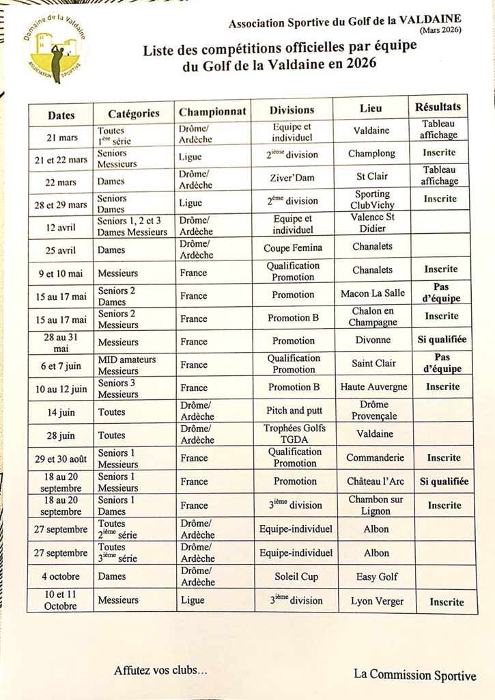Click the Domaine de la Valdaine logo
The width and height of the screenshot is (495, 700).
coord(55,49)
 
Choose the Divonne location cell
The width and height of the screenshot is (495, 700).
coord(373,340)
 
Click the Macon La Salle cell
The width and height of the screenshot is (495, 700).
coord(373,293)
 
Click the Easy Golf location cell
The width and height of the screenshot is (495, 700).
coord(376,577)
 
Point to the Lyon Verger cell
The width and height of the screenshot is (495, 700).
coord(378,601)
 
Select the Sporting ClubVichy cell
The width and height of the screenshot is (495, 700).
coord(373,199)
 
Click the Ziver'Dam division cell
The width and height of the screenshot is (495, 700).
coord(293,177)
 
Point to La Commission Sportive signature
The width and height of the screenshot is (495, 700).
coord(414,675)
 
